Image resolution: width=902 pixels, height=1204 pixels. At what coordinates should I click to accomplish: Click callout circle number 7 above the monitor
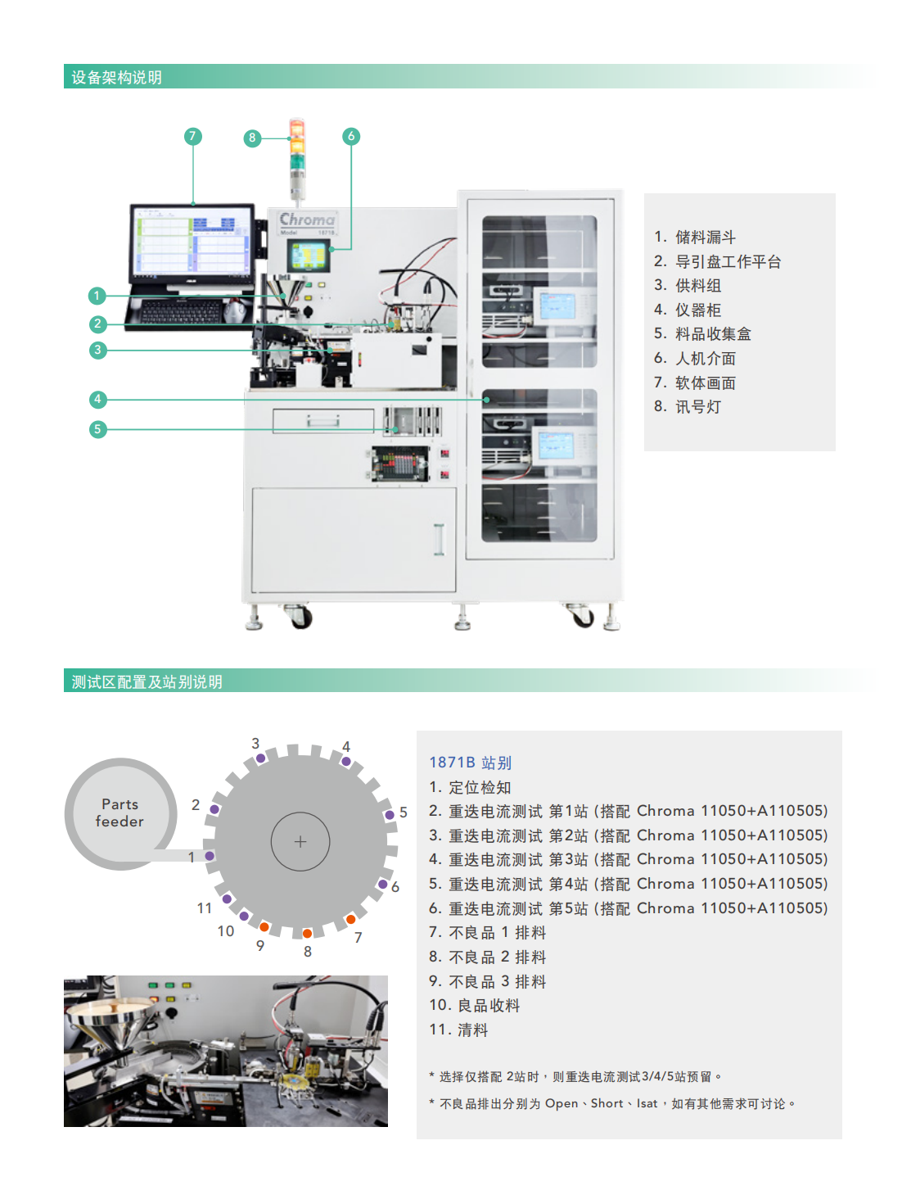coord(193,136)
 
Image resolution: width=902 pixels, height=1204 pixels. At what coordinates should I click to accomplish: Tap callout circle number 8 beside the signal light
coord(252,138)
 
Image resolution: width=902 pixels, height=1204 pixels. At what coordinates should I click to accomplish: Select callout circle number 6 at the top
coord(351,136)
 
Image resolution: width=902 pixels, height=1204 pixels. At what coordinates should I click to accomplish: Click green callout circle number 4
coord(97,400)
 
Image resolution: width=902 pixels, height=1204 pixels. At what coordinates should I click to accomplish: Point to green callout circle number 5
coord(97,429)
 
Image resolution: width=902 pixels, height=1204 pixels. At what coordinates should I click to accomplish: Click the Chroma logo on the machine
coord(307,220)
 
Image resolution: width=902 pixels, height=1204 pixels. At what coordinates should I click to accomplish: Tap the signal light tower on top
coord(297,156)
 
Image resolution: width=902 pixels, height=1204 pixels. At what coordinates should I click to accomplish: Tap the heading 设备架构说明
coord(116,78)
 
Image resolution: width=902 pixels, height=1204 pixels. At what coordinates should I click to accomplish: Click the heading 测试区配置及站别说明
coord(147,682)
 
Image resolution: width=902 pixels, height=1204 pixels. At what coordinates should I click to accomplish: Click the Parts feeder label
coord(120,812)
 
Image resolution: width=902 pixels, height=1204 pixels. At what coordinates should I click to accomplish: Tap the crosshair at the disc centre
coord(300,841)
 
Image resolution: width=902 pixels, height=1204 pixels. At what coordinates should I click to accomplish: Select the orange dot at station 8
coord(307,934)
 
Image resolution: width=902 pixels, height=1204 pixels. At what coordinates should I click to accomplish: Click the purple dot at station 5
coord(390,814)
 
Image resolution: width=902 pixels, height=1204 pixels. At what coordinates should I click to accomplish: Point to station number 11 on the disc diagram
coord(205,908)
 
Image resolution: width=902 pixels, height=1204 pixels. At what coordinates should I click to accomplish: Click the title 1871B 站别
coord(471,763)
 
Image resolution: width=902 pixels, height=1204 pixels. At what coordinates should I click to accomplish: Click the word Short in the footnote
coord(607,1103)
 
